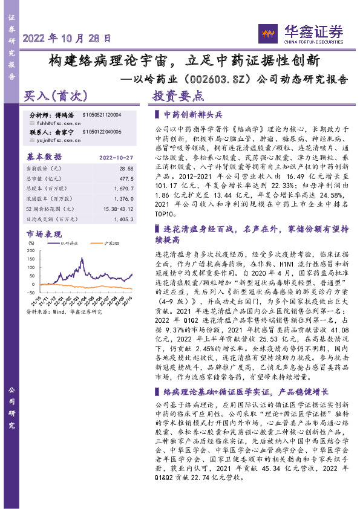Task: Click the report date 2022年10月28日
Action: click(x=67, y=37)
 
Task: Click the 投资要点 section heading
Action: click(x=178, y=96)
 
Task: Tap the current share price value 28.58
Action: click(x=126, y=168)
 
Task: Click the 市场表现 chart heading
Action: click(x=44, y=233)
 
